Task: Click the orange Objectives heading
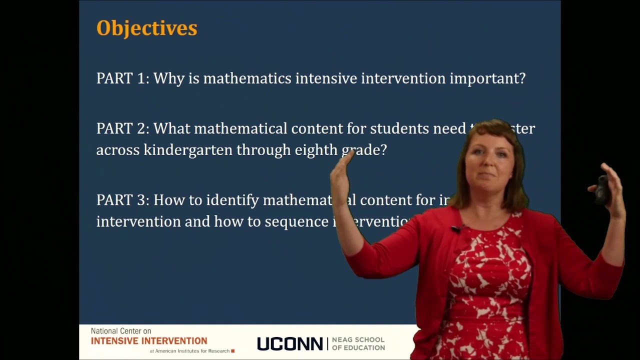tap(146, 28)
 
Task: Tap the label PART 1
tap(122, 78)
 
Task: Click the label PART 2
tap(122, 129)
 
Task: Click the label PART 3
tap(122, 200)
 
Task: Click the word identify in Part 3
tap(232, 200)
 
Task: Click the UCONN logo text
tap(290, 344)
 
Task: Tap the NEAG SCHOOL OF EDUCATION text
tap(358, 344)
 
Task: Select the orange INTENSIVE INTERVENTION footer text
tap(149, 341)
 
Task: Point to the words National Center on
tap(121, 331)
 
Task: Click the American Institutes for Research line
tap(192, 351)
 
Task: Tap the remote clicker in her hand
tap(601, 190)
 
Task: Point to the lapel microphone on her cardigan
tap(456, 229)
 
